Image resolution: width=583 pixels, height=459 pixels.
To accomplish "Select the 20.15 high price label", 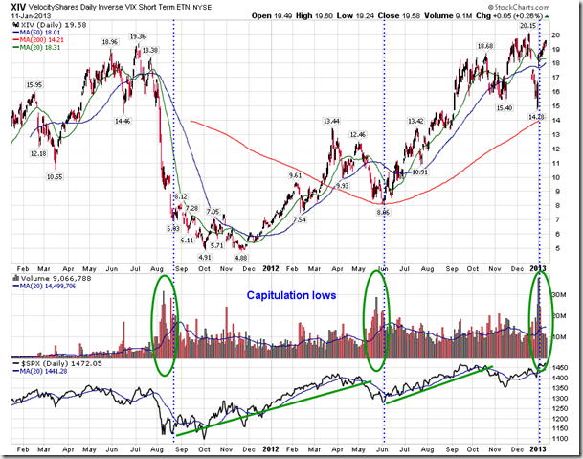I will pyautogui.click(x=527, y=26).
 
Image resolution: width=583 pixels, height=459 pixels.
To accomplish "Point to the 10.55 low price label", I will pyautogui.click(x=54, y=177).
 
